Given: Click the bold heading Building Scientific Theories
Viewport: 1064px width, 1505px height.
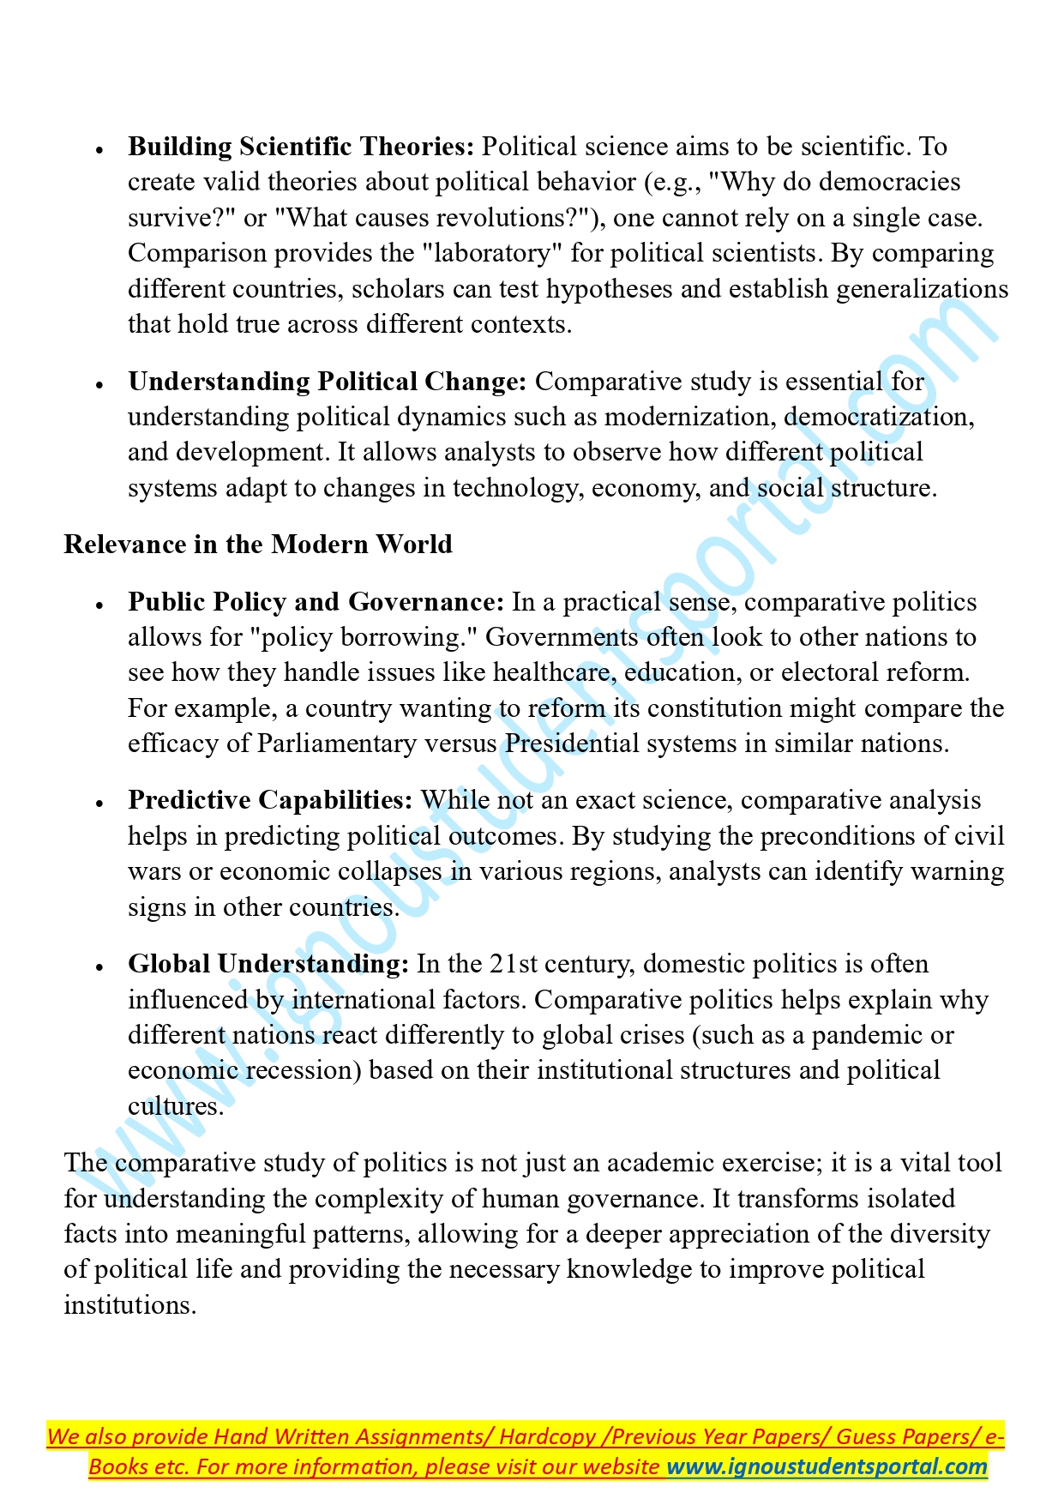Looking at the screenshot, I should coord(300,147).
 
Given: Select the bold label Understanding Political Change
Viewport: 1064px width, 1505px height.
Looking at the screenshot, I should coord(327,382).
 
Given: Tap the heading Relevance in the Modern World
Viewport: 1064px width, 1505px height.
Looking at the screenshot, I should coord(258,545).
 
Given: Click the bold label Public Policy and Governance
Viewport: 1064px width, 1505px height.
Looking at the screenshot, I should coord(316,602).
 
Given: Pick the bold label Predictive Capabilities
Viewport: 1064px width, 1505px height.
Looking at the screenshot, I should coord(270,800).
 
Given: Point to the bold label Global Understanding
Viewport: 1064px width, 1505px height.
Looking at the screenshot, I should coord(268,964).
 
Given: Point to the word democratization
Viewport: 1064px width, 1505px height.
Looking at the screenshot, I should coord(878,418).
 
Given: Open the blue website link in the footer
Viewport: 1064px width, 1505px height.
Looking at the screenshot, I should coord(827,1467).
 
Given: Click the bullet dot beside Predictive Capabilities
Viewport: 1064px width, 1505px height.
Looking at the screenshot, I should coord(100,803).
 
